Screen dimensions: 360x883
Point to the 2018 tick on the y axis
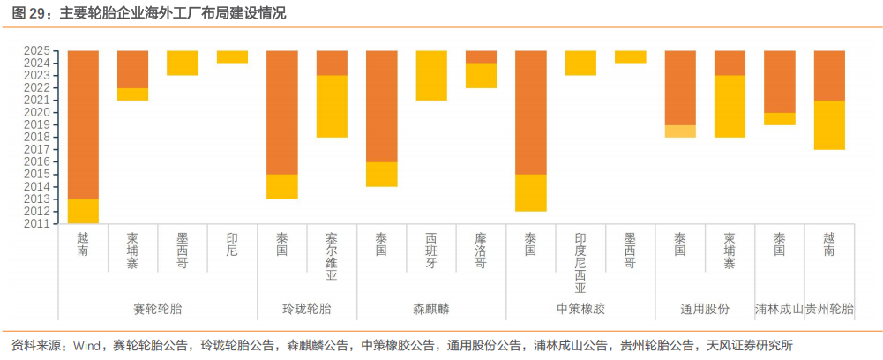39,138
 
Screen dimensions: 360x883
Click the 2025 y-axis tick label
39,51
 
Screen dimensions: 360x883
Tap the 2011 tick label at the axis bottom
39,224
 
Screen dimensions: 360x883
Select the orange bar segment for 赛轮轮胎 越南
83,124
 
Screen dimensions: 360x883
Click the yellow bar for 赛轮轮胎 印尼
232,57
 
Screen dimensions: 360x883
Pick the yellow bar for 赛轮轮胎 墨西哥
183,64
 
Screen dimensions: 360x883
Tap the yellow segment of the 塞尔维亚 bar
332,106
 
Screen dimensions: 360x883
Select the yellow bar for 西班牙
431,76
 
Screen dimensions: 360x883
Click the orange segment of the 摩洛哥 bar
481,57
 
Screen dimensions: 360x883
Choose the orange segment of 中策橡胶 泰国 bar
531,112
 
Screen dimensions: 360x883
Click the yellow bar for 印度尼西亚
580,64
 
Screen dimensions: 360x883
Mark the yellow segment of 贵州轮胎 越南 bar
829,124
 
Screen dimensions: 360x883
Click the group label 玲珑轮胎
307,309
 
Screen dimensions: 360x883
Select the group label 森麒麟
431,309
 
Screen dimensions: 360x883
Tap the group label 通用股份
705,309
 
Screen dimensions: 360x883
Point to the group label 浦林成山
779,309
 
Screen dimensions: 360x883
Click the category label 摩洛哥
481,251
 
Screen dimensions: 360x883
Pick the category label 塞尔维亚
332,256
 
